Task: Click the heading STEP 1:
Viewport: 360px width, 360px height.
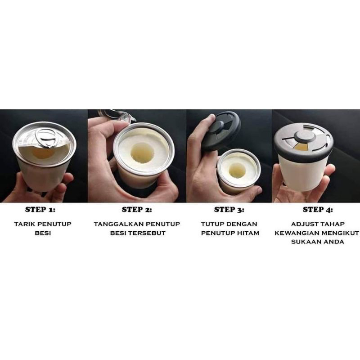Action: tap(40, 210)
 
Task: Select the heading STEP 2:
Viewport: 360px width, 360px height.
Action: tap(137, 210)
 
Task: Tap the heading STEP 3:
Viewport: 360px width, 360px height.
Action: tap(229, 210)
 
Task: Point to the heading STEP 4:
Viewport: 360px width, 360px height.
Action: tap(318, 210)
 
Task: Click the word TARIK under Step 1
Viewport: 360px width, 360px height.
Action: tap(23, 224)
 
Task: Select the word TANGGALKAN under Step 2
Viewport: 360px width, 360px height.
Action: tap(118, 224)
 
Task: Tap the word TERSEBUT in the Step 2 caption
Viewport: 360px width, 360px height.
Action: tap(147, 233)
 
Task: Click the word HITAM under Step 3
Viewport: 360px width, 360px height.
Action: tap(248, 233)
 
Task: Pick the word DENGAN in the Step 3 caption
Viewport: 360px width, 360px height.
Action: tap(243, 224)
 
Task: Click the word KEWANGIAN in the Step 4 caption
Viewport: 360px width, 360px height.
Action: tap(297, 233)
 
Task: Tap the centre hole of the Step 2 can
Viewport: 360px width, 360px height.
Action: tap(142, 153)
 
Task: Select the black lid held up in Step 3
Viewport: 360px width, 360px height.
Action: tap(221, 131)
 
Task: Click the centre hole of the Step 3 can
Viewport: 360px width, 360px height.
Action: tap(237, 170)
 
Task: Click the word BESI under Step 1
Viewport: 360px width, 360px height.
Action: tap(43, 233)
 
